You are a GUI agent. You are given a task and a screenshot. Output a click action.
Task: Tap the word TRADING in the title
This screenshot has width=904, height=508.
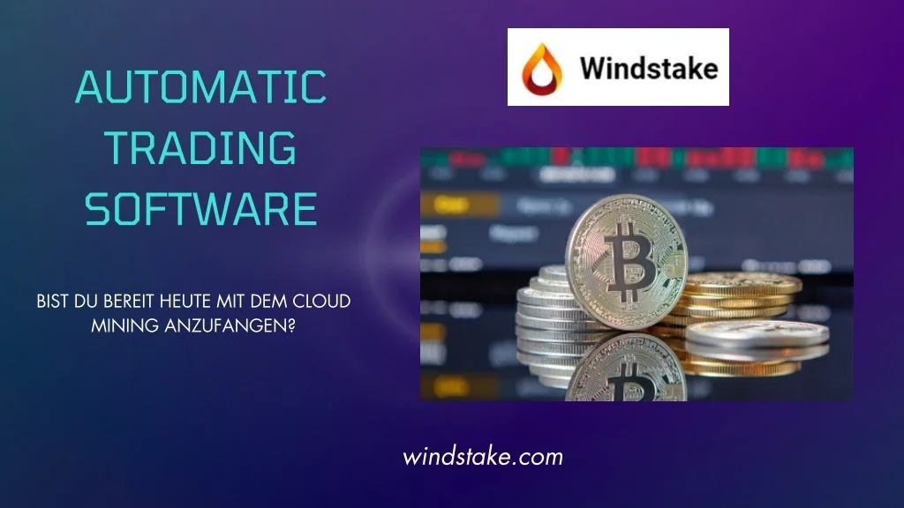(x=200, y=148)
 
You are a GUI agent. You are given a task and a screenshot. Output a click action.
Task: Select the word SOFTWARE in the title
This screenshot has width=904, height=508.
(x=200, y=210)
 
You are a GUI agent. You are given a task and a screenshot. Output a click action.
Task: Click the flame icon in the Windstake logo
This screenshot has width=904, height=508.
(x=539, y=68)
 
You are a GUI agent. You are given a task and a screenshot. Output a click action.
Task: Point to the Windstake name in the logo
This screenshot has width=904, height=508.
(x=648, y=68)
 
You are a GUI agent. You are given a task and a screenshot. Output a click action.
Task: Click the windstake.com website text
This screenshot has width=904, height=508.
(x=483, y=457)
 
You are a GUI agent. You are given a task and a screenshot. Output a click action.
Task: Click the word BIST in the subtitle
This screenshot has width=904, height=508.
(x=53, y=302)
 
